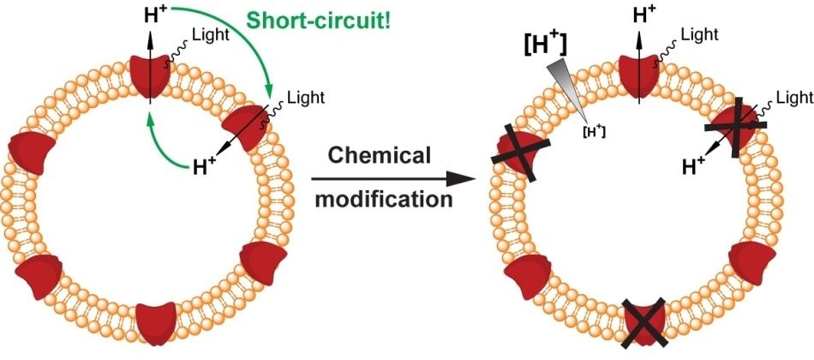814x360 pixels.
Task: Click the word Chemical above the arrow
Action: (379, 158)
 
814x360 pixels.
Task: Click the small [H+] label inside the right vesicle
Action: (591, 130)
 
